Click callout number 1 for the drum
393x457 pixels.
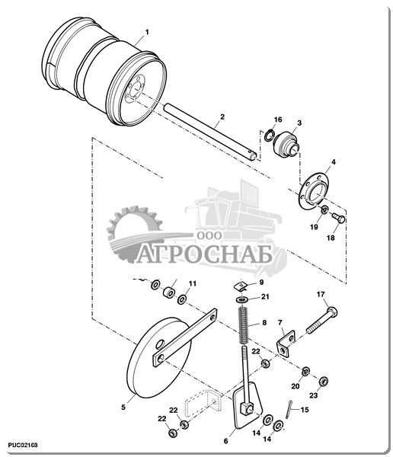click(147, 32)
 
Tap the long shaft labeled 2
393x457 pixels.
click(210, 132)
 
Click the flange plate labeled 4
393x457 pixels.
click(314, 190)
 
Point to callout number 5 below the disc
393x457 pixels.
click(123, 407)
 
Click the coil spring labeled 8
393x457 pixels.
click(244, 326)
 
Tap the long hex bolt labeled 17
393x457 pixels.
click(321, 321)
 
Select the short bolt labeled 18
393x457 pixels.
click(339, 218)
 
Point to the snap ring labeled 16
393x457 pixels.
click(269, 135)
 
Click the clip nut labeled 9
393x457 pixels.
click(241, 286)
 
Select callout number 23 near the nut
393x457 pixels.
click(313, 395)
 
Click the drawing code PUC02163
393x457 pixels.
click(23, 446)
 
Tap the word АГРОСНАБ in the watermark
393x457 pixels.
click(205, 254)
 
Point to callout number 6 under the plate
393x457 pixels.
click(225, 441)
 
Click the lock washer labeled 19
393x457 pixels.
click(324, 209)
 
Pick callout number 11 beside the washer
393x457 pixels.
click(193, 283)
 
